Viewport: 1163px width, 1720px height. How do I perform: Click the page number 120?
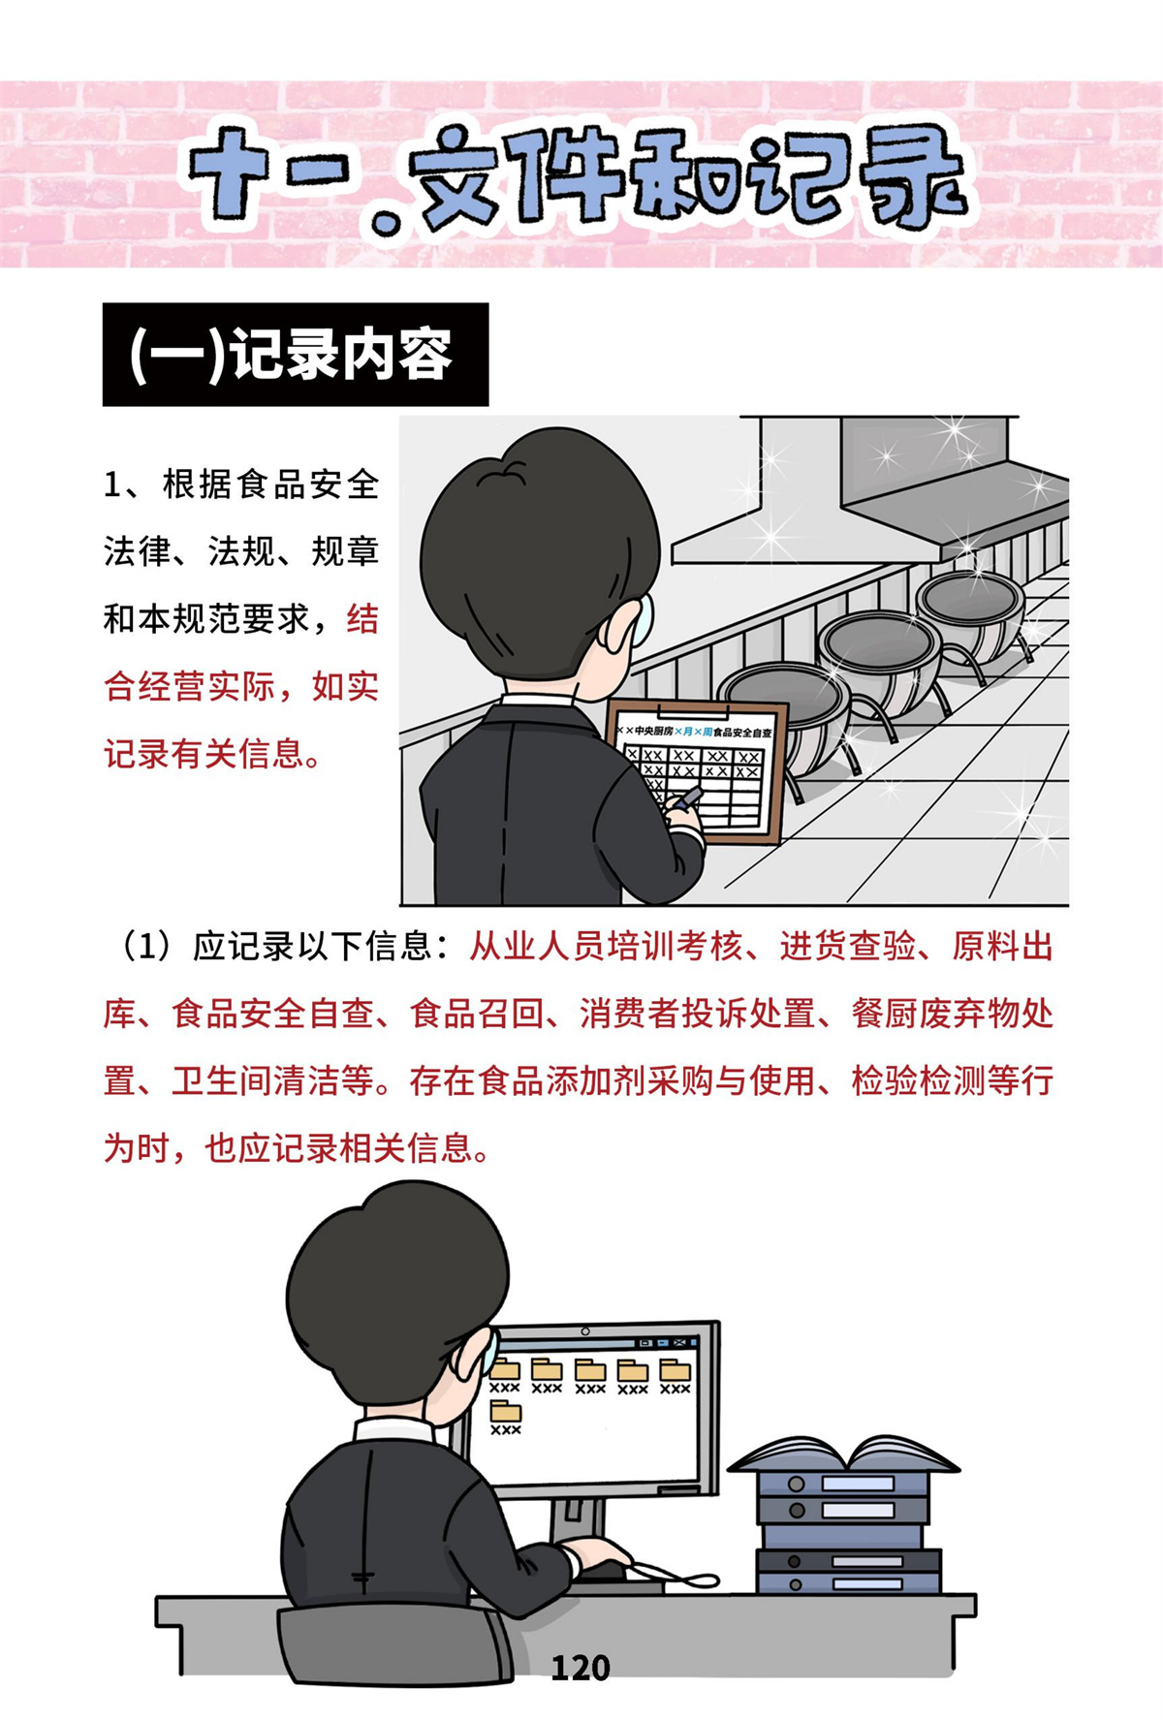[581, 1668]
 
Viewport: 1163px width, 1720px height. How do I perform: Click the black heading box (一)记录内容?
[296, 355]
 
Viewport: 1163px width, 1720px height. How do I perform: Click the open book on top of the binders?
[843, 1454]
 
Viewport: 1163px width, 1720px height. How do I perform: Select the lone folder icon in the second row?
[505, 1412]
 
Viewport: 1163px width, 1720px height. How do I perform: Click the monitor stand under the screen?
[581, 1522]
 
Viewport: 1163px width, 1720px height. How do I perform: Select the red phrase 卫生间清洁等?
[273, 1081]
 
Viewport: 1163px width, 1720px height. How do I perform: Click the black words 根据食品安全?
[270, 484]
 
